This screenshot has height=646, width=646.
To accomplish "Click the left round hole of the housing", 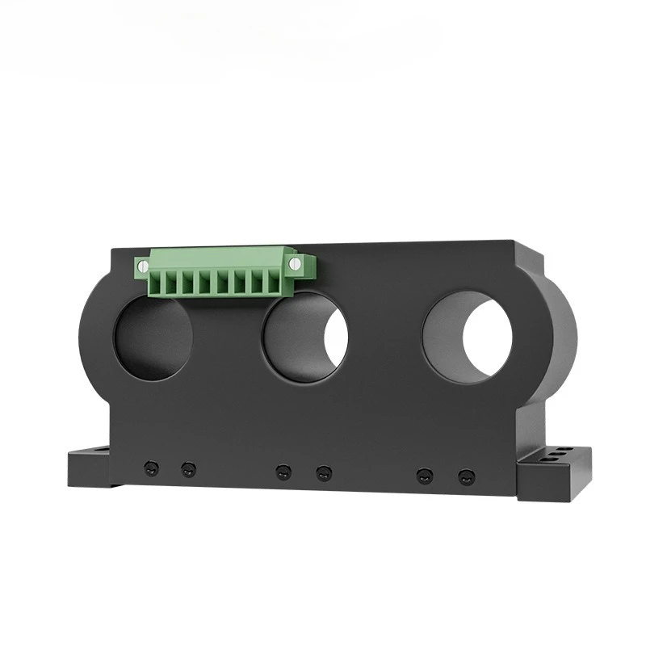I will [153, 337].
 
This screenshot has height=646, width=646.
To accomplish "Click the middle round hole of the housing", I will [304, 338].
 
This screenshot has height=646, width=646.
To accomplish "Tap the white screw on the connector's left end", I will [143, 265].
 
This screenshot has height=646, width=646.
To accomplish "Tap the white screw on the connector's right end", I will [295, 263].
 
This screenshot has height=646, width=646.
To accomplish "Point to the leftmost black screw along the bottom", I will [150, 468].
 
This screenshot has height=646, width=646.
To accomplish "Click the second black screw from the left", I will [188, 469].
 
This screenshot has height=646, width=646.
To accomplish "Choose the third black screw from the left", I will [283, 472].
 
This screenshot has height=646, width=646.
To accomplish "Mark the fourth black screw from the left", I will [324, 472].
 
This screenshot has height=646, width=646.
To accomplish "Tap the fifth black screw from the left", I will [424, 476].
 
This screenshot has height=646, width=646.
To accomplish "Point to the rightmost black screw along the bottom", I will [465, 476].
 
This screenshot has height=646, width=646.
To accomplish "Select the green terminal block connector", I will [222, 271].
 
